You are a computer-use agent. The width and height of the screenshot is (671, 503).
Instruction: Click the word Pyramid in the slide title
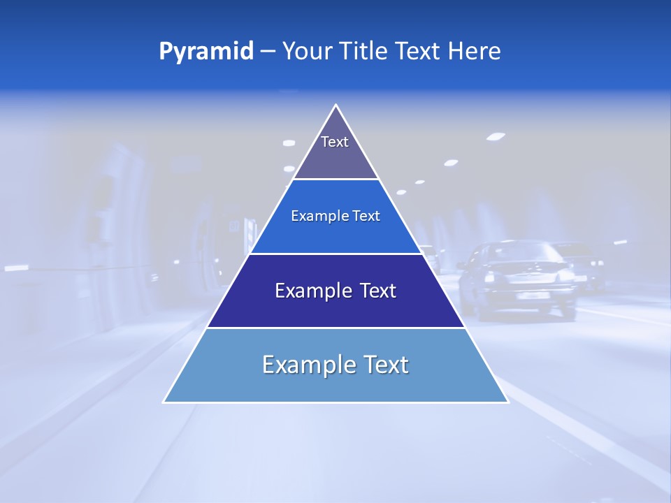(206, 52)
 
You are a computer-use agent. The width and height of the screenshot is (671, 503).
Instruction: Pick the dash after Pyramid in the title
(268, 52)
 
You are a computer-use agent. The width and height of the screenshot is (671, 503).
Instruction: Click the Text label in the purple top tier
(335, 142)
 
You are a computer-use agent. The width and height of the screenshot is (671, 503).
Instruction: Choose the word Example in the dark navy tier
(313, 291)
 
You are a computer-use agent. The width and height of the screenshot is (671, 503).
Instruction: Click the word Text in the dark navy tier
(378, 291)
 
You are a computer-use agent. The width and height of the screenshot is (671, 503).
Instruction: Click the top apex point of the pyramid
(335, 105)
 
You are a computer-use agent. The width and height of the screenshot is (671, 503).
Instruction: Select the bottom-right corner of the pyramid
(507, 402)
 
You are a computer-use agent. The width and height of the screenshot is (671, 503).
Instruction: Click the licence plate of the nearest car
(533, 296)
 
